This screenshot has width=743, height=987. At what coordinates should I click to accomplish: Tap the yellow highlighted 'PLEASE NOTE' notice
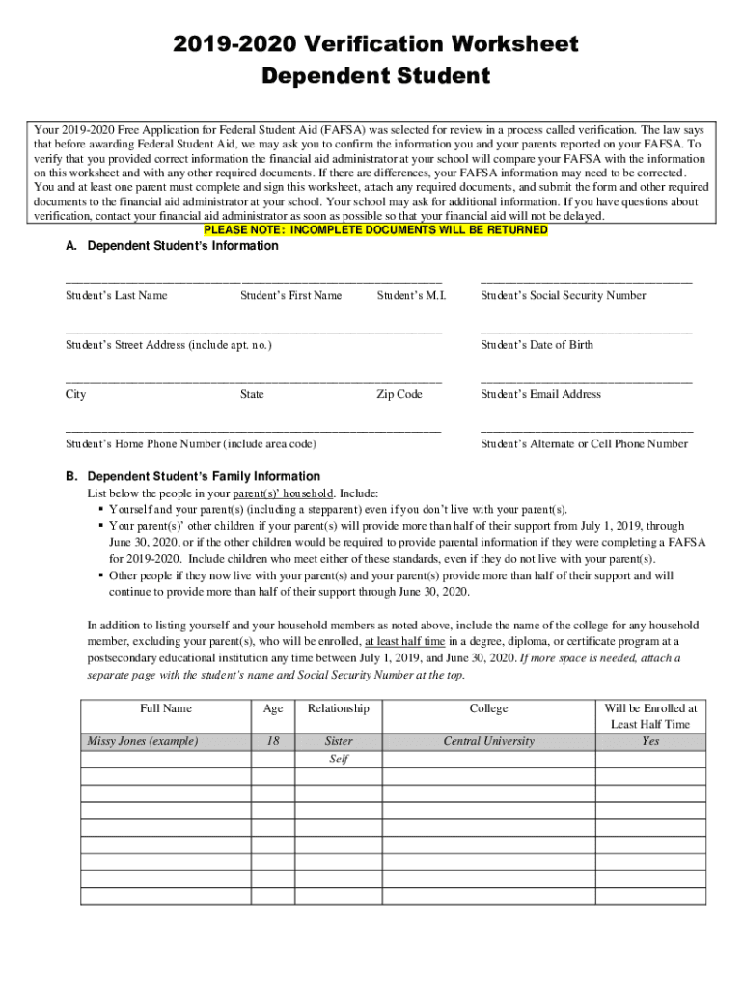click(375, 230)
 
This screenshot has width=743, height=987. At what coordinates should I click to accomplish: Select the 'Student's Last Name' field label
click(116, 296)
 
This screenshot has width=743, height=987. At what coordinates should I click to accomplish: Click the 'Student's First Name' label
click(290, 296)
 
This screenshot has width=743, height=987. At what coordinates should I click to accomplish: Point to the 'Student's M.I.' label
click(411, 296)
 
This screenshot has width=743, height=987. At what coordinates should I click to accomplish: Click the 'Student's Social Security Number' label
click(563, 296)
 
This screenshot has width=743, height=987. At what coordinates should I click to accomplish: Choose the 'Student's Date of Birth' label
click(537, 345)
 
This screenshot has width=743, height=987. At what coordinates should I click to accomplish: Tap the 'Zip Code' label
click(399, 394)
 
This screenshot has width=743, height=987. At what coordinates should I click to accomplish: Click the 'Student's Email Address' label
click(540, 394)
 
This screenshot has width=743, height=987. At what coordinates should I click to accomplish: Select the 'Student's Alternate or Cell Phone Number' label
click(584, 444)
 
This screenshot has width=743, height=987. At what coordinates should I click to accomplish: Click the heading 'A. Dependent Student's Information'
click(172, 246)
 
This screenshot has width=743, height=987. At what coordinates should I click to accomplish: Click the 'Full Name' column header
click(165, 708)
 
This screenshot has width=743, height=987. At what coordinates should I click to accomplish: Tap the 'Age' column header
click(273, 708)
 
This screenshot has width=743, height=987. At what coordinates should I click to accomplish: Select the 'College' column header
click(488, 708)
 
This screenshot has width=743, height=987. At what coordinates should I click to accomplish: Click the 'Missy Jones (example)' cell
click(143, 741)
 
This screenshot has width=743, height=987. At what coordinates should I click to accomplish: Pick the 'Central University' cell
click(488, 741)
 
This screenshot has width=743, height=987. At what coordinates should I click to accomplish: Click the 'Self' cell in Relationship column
click(339, 759)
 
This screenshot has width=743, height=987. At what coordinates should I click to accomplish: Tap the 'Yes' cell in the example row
click(650, 741)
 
